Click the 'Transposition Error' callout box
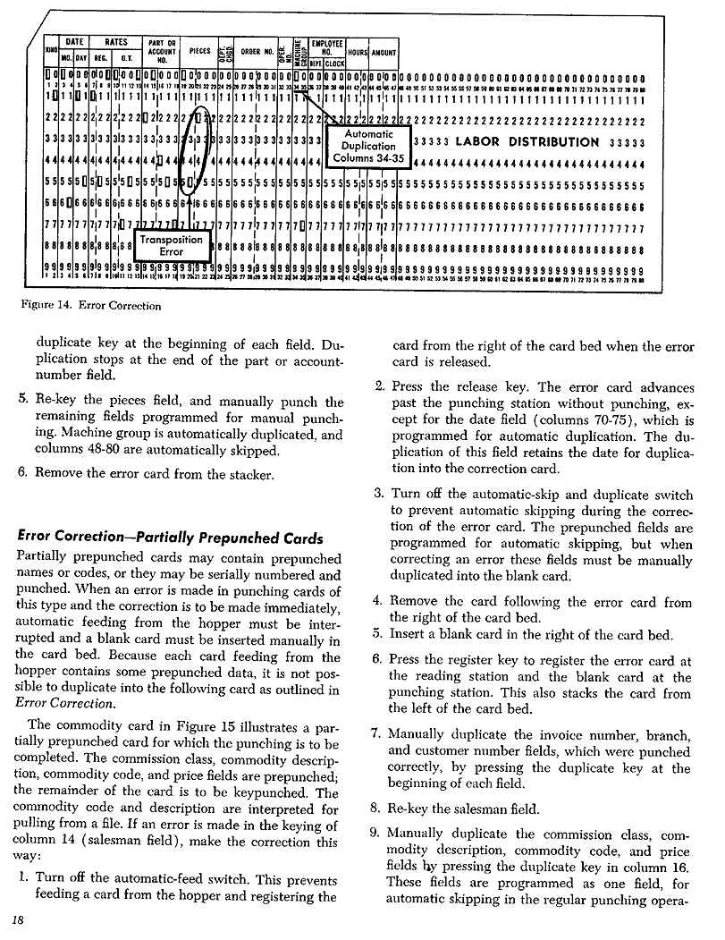pos(171,245)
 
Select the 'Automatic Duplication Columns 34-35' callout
pos(368,146)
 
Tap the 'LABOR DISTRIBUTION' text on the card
pos(527,141)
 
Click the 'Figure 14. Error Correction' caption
pos(89,305)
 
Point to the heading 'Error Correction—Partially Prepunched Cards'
pos(170,538)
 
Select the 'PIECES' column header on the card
pos(199,52)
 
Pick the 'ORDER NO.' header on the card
pos(254,52)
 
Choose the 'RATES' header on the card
pos(116,41)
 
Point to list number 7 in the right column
pos(375,734)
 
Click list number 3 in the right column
pos(378,493)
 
